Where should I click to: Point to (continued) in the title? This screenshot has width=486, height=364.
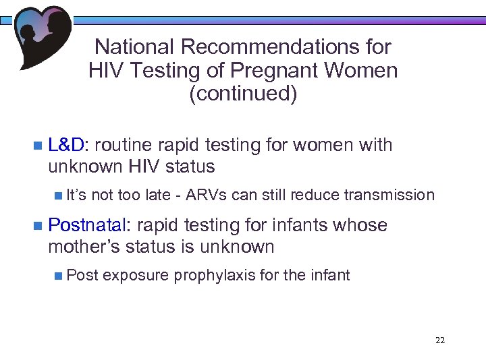tap(243, 94)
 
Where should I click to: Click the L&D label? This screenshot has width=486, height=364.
tap(67, 145)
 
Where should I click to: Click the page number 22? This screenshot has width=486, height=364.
tap(440, 340)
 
